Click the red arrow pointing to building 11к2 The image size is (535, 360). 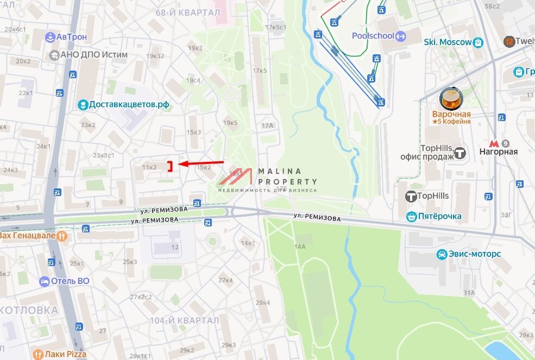(x=201, y=163)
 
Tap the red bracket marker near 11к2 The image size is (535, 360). (x=170, y=166)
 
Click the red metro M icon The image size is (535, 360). (x=494, y=144)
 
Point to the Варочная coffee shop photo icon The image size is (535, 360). (x=451, y=99)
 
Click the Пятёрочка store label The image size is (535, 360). (x=440, y=216)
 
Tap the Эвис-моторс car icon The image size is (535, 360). (x=443, y=254)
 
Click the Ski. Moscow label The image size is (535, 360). (x=448, y=42)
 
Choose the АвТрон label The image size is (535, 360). (x=71, y=36)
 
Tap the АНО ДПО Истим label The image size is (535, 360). (x=95, y=54)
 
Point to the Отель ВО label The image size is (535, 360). (x=70, y=281)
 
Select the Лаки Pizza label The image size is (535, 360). (x=65, y=355)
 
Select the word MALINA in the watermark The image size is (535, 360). (x=280, y=171)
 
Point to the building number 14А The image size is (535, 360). (x=300, y=247)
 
